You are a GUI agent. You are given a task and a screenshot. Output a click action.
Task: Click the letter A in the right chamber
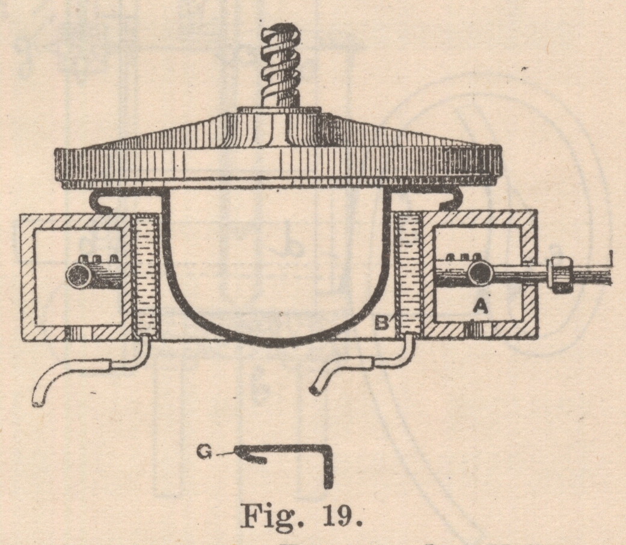479,307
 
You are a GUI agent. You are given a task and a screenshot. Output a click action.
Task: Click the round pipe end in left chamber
79,277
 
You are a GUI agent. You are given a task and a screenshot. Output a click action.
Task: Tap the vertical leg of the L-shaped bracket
328,469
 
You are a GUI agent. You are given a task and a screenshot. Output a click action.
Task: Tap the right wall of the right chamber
529,274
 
